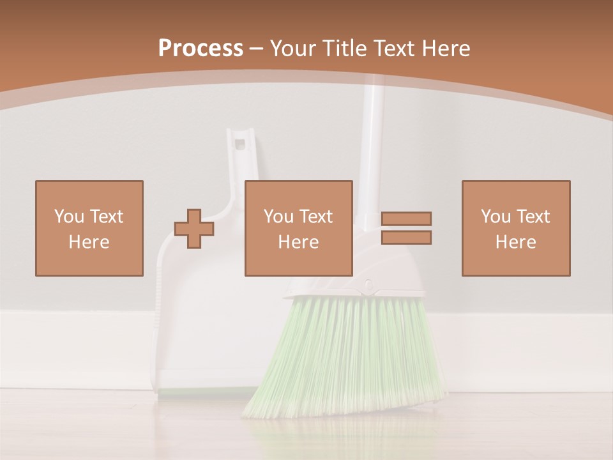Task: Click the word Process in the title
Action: (x=201, y=49)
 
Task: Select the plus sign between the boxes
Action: (x=195, y=229)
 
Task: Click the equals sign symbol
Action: (x=407, y=228)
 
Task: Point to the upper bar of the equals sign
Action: (x=407, y=219)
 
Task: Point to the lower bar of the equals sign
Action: (x=407, y=237)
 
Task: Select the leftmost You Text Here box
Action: (x=89, y=228)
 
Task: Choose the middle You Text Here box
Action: (x=299, y=228)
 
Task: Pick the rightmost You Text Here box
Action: (x=516, y=228)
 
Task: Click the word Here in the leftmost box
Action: (x=89, y=242)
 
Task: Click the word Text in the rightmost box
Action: (x=533, y=217)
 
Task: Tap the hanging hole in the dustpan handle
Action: (x=241, y=142)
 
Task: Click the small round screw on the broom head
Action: (x=368, y=282)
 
